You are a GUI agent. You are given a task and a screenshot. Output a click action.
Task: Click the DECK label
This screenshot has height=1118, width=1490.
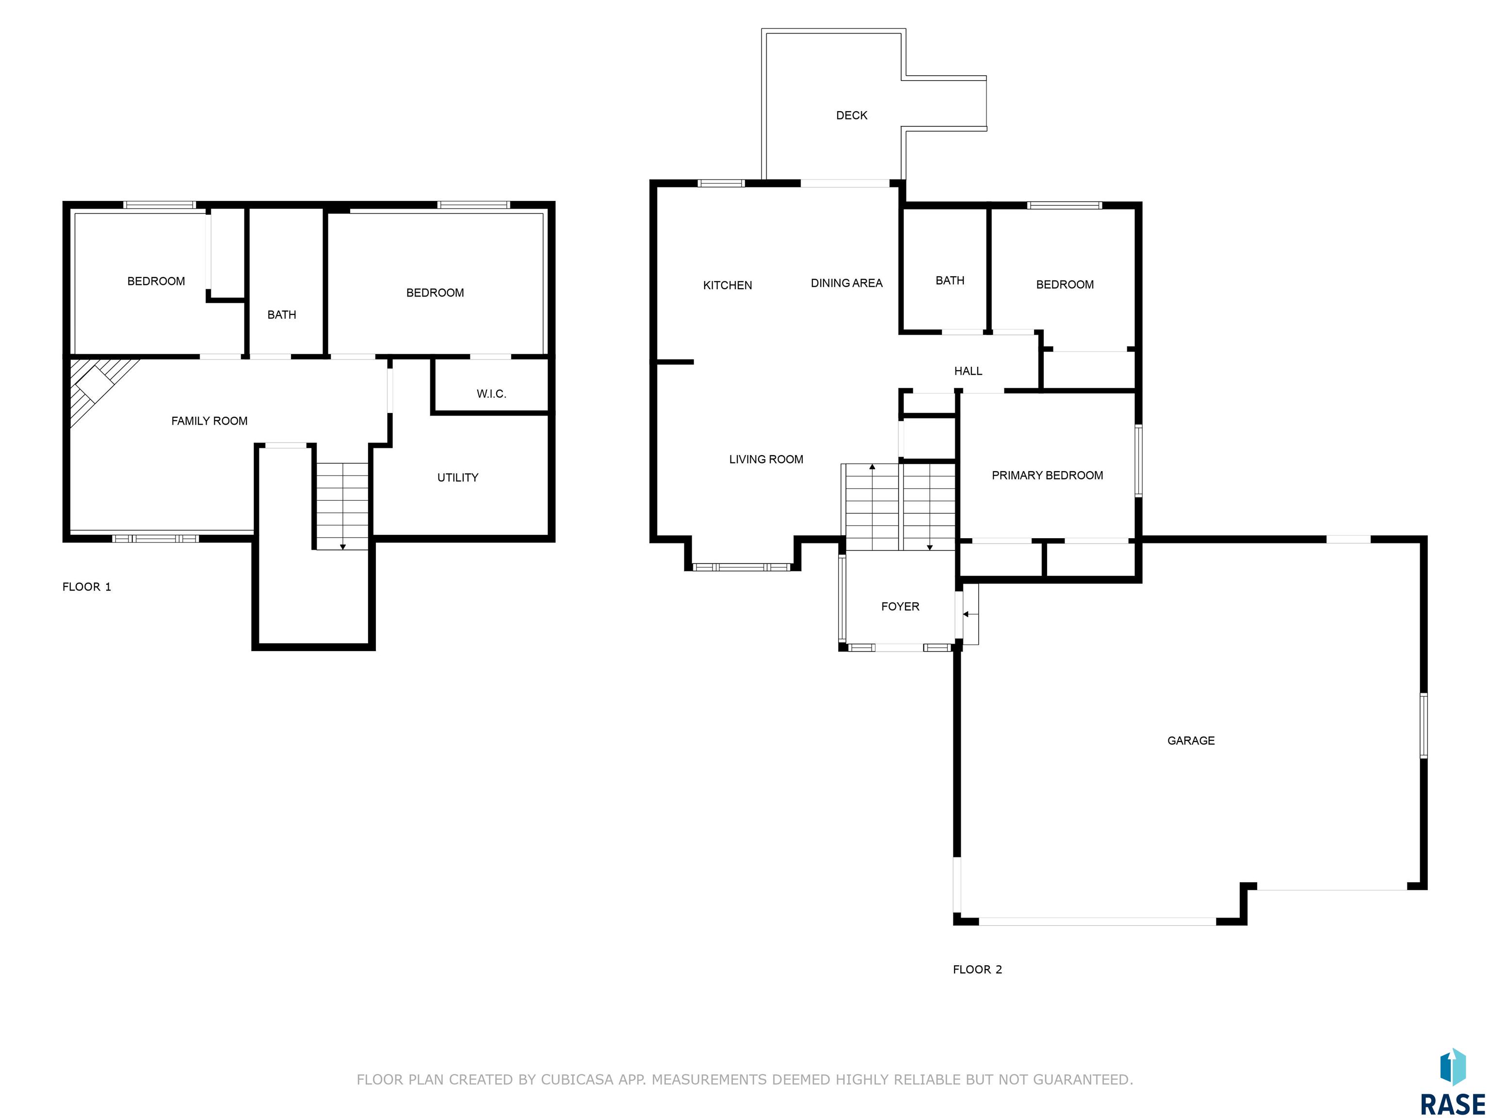click(851, 115)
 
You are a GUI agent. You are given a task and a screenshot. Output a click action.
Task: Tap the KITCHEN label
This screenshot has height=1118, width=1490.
click(728, 285)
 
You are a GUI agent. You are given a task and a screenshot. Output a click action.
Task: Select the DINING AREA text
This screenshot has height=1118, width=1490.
click(847, 283)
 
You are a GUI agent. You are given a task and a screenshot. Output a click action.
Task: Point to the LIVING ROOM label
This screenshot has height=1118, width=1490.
click(766, 460)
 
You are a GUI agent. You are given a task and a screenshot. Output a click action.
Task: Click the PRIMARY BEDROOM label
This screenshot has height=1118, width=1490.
click(1048, 476)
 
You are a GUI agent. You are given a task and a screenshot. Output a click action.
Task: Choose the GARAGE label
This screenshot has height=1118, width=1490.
click(1191, 740)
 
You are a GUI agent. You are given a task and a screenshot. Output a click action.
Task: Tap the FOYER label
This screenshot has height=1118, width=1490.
click(900, 607)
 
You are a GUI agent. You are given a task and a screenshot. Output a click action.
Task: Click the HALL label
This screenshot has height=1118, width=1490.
click(968, 371)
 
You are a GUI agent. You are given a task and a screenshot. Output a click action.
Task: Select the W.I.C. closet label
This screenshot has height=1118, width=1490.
click(491, 394)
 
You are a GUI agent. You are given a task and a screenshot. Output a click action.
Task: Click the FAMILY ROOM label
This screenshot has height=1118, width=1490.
click(210, 421)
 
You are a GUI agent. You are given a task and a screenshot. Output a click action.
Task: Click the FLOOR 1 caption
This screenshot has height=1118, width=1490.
click(87, 587)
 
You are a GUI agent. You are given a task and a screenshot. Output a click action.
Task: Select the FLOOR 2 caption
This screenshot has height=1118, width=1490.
click(977, 970)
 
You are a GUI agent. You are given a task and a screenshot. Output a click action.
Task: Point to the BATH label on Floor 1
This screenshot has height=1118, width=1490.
click(282, 315)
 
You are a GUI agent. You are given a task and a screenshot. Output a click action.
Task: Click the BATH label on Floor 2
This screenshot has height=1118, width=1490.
click(950, 280)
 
